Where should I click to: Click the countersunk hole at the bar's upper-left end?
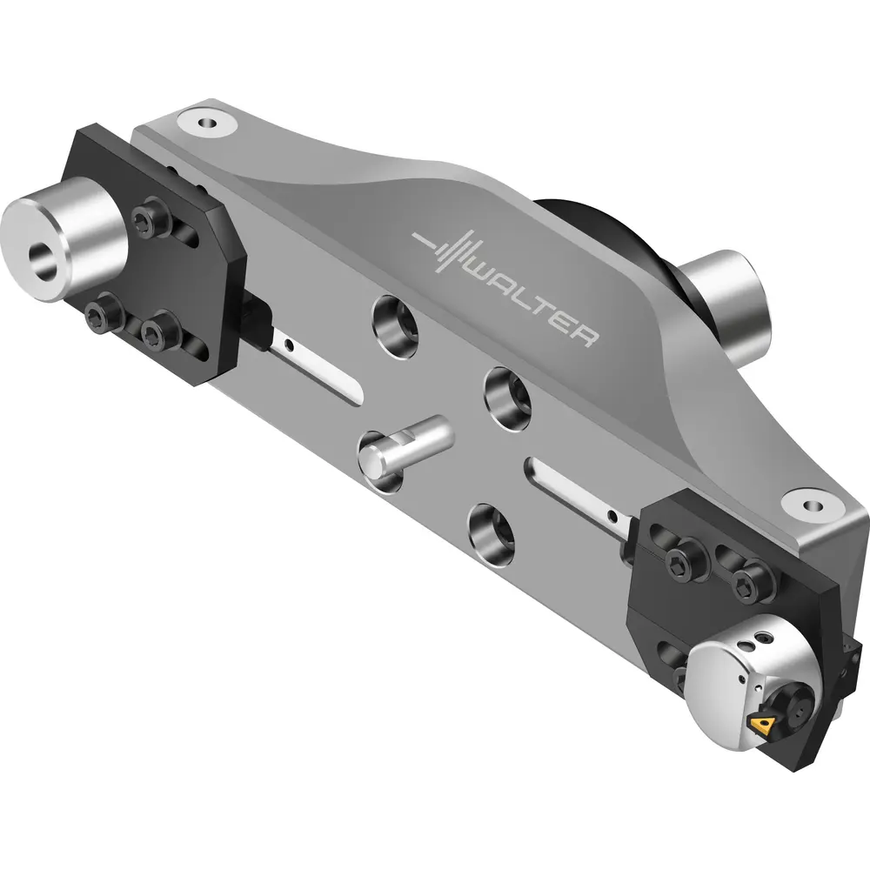pos(207,123)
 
